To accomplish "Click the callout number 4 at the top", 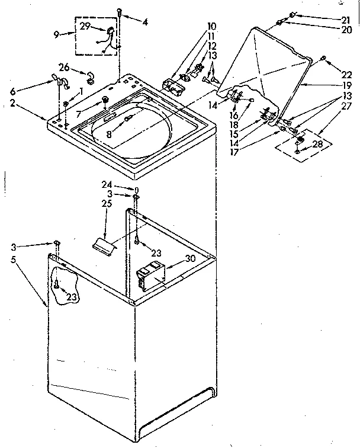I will [145, 22].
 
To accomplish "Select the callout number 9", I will [56, 35].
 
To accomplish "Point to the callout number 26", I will [65, 66].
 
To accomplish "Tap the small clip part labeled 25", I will [103, 245].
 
